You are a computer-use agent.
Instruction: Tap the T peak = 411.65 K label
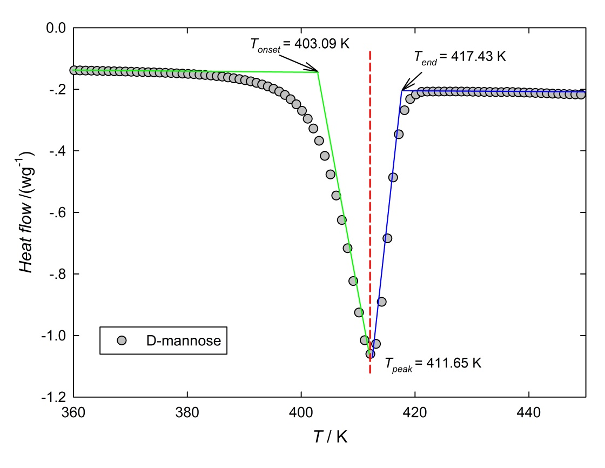click(x=432, y=363)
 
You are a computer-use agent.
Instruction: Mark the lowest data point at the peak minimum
click(x=371, y=354)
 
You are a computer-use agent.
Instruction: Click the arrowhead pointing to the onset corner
click(x=317, y=71)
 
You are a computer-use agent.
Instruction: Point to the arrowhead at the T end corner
click(x=402, y=90)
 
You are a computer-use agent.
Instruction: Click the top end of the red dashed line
click(x=370, y=52)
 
